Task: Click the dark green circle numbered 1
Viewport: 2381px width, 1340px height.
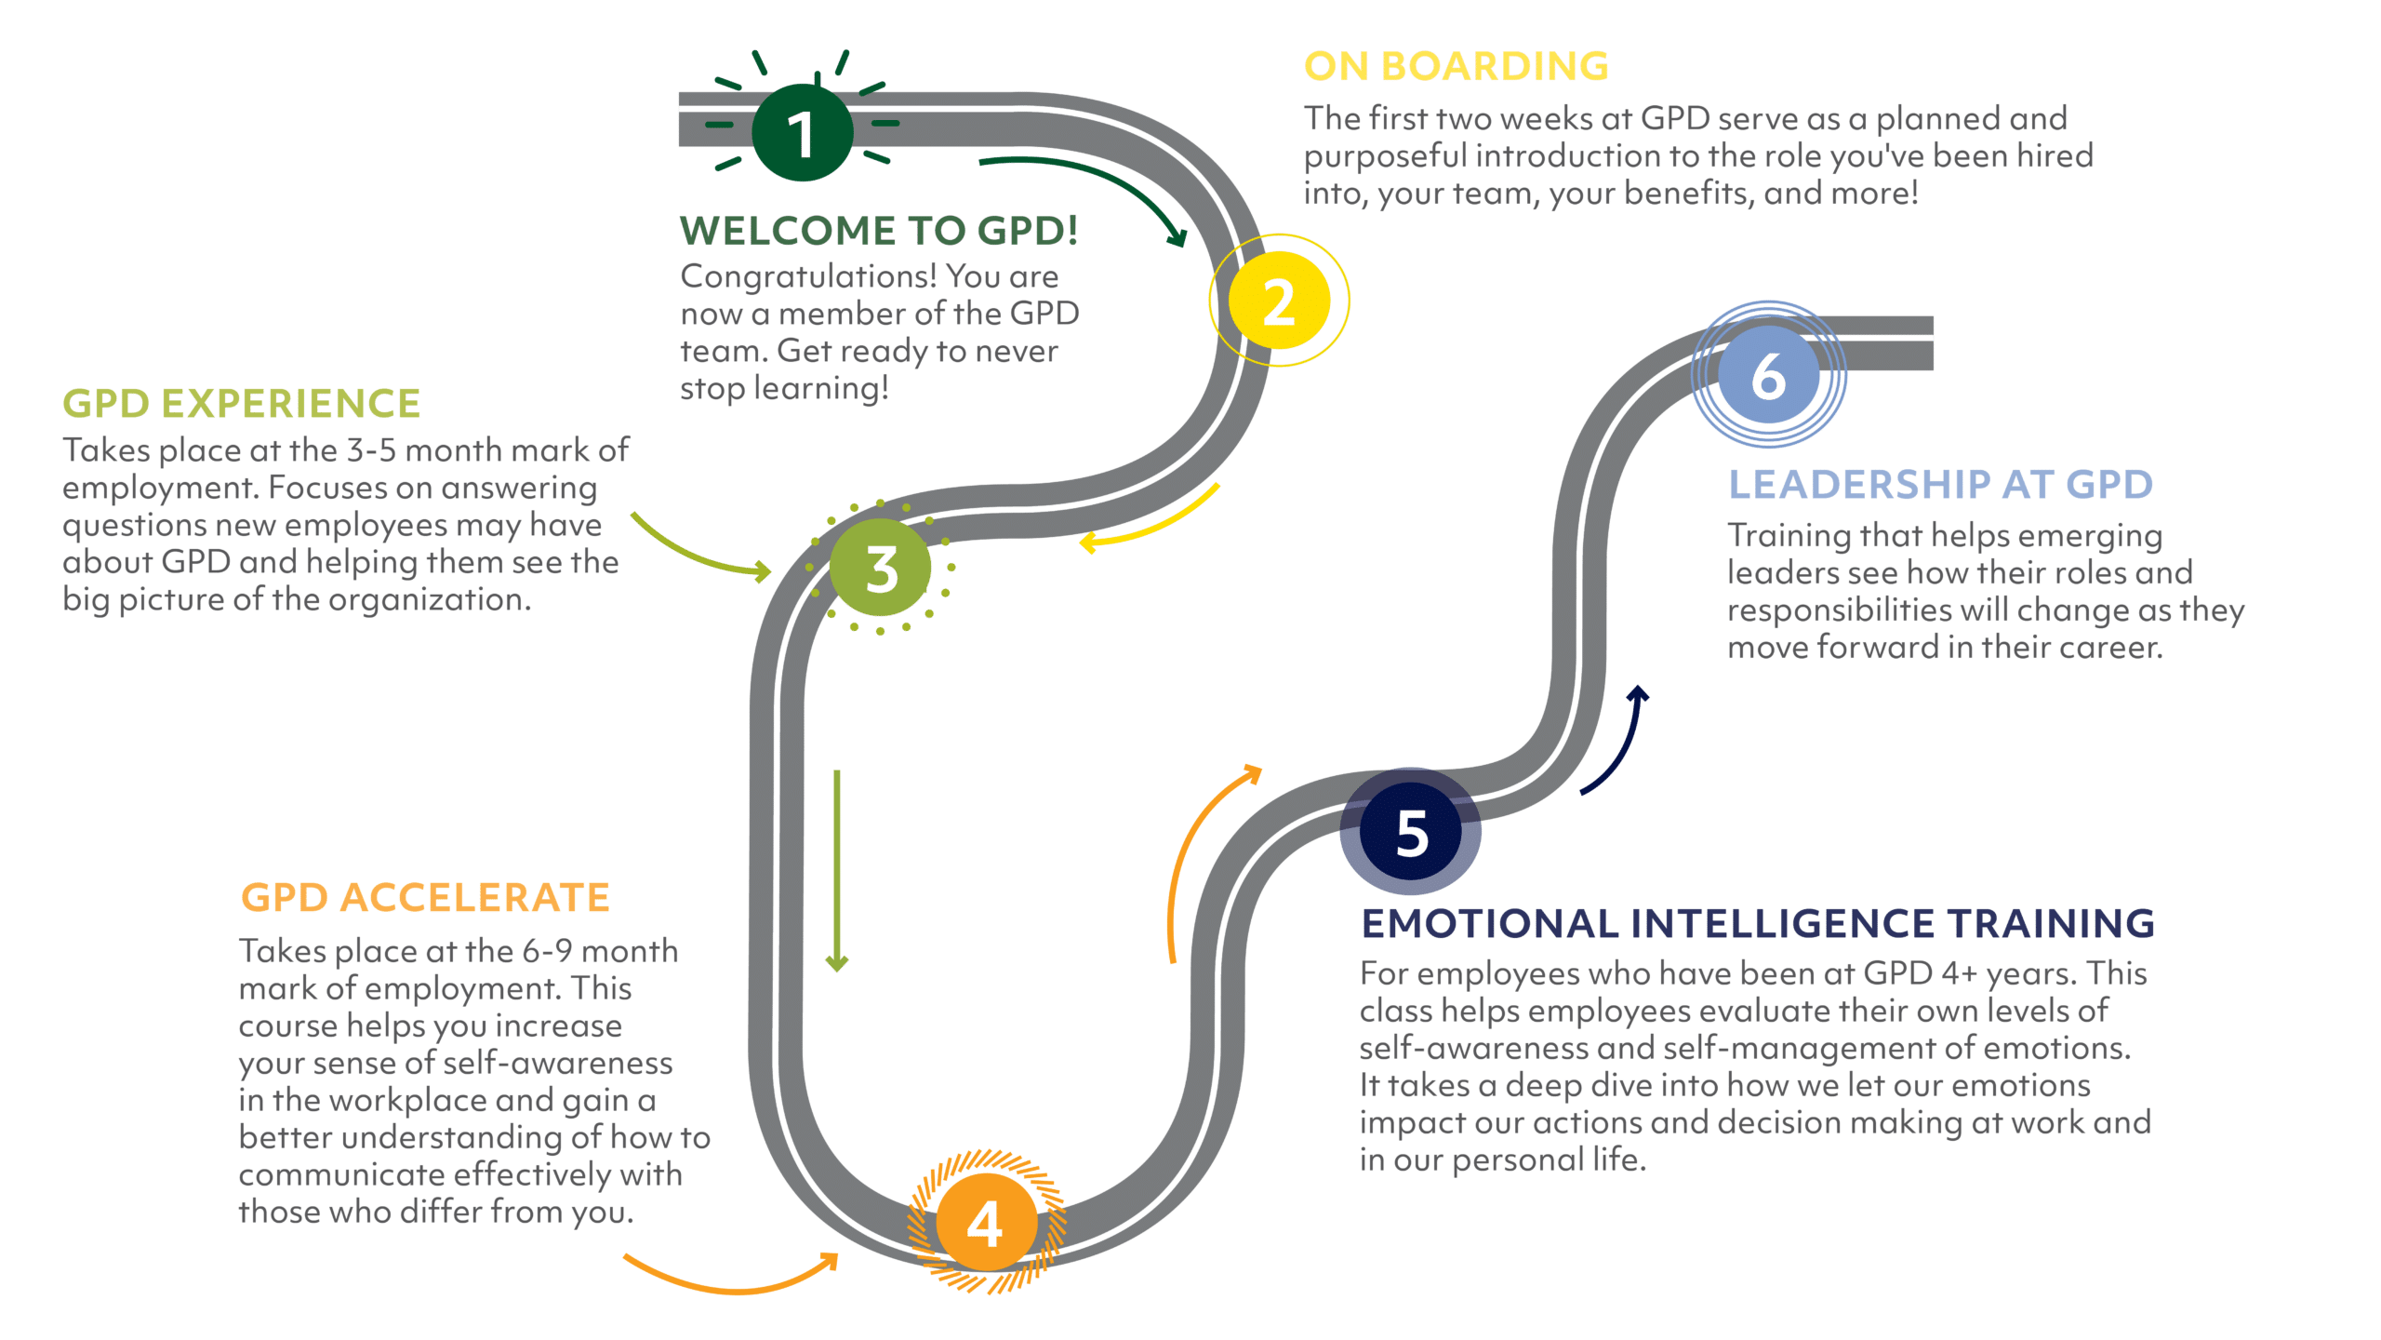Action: [x=802, y=132]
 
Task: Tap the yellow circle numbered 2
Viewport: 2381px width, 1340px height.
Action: [x=1279, y=301]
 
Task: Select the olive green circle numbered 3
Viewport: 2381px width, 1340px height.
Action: [x=881, y=568]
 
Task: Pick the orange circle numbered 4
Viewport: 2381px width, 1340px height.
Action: [x=986, y=1222]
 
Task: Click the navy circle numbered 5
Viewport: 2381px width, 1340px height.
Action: [x=1411, y=831]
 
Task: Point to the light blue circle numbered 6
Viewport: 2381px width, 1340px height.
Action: [x=1768, y=375]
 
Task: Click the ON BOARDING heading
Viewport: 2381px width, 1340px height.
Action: [x=1456, y=66]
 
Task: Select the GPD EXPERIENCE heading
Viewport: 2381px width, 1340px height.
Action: [x=241, y=404]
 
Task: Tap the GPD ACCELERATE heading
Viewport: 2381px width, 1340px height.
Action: [x=425, y=898]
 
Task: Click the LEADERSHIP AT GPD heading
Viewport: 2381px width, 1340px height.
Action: [x=1940, y=484]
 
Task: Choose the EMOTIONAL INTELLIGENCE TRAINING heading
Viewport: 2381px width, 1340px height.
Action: [x=1758, y=923]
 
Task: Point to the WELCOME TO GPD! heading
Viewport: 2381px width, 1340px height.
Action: [x=879, y=230]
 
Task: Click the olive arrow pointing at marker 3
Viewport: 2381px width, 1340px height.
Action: [x=698, y=549]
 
